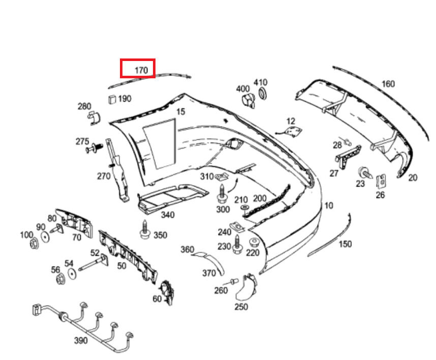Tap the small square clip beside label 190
[x=111, y=98]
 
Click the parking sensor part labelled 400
[x=247, y=100]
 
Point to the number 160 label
[x=388, y=84]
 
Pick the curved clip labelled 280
[x=93, y=118]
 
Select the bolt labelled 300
[x=222, y=194]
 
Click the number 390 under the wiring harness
[x=80, y=340]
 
